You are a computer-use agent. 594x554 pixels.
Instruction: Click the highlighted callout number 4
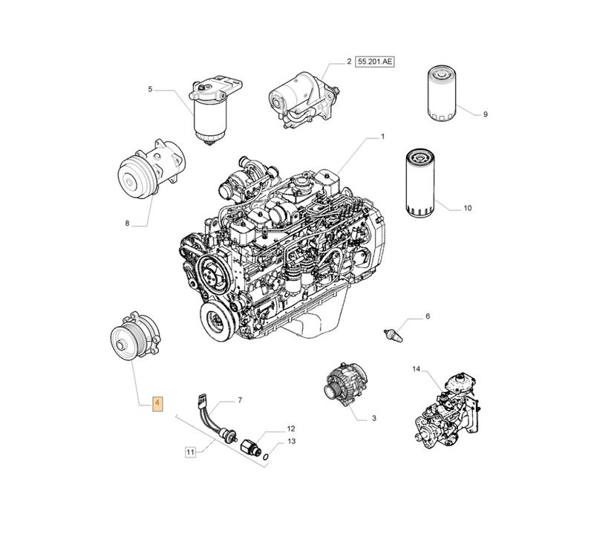click(157, 404)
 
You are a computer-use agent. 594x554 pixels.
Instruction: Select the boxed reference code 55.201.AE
click(374, 62)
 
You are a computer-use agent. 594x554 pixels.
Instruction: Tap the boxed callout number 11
click(190, 452)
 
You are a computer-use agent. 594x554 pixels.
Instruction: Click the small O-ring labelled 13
click(267, 457)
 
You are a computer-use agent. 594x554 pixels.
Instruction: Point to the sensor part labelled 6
click(393, 335)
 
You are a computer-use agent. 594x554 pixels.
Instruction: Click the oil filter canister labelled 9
click(442, 94)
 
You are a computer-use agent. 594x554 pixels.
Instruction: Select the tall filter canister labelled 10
click(420, 182)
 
